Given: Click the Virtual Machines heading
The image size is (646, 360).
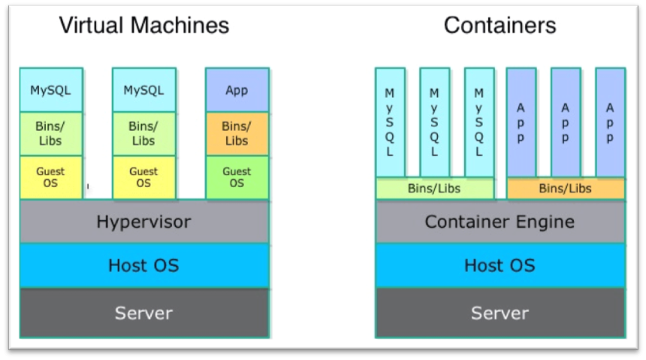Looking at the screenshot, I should click(x=144, y=26).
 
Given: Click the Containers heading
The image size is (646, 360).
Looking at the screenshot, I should click(x=500, y=26).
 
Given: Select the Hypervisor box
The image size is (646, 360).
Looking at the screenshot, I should click(x=143, y=222).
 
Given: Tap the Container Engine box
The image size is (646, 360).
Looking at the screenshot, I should click(x=500, y=222).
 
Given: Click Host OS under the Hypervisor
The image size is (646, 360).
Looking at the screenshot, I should click(x=143, y=265).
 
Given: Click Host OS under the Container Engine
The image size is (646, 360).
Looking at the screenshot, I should click(x=500, y=265).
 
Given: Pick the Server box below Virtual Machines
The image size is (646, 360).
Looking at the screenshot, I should click(x=143, y=313).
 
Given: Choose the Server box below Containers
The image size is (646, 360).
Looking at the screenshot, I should click(x=500, y=313).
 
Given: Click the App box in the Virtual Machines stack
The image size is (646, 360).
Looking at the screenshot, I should click(x=237, y=90).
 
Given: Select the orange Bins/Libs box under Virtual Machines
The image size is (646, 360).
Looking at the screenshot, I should click(x=237, y=134).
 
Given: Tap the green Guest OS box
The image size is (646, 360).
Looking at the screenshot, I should click(x=237, y=177).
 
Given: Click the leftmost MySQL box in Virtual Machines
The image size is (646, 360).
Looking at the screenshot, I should click(x=50, y=90).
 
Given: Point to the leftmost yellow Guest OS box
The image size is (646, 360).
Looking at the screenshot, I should click(x=50, y=177).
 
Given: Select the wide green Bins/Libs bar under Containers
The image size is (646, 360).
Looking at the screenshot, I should click(x=434, y=189).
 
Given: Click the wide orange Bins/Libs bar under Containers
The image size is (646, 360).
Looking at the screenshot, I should click(x=565, y=189).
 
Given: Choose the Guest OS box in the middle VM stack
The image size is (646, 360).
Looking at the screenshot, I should click(x=143, y=177).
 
